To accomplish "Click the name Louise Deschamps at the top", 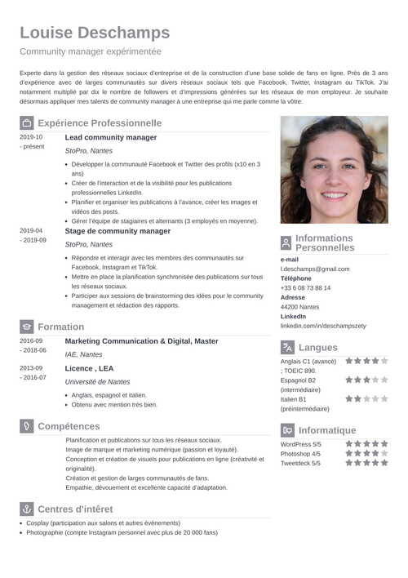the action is tap(95, 33).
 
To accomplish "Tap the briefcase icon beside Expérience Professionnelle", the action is tap(26, 123).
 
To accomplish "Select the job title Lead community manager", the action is tap(111, 137).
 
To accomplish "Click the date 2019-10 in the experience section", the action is tap(31, 136).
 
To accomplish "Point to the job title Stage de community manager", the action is tap(118, 231).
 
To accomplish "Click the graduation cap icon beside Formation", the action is tap(26, 327).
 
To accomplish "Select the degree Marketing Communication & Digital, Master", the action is tap(141, 340).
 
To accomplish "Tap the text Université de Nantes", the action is tap(97, 381).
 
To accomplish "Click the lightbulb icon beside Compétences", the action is tap(26, 426).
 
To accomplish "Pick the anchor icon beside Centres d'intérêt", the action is tap(26, 509).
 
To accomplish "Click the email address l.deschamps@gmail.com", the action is tap(315, 269).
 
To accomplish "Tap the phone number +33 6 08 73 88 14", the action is tap(305, 287).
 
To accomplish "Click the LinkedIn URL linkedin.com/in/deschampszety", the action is tap(323, 325).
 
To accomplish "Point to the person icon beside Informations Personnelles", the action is tap(286, 243).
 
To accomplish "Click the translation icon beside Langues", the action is tap(286, 347).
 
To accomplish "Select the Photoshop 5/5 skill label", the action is tap(300, 453).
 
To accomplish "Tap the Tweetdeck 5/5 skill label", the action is tap(300, 463).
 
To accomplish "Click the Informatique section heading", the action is tap(327, 430).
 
